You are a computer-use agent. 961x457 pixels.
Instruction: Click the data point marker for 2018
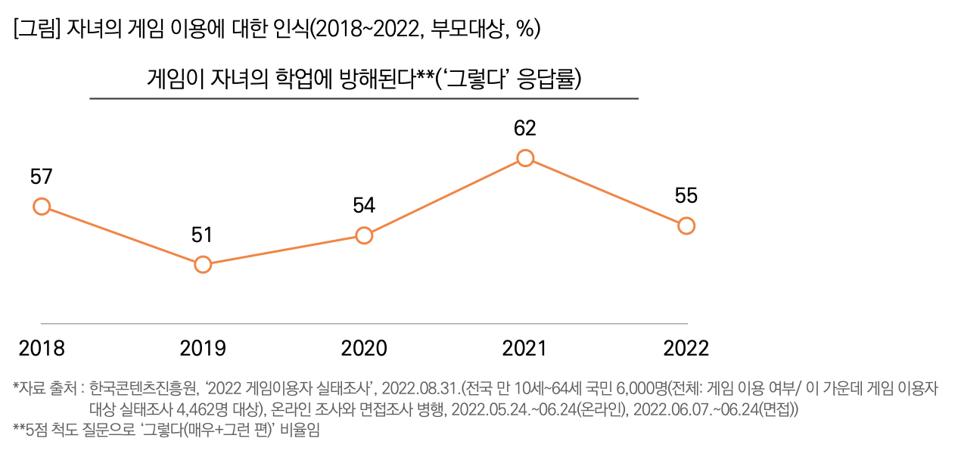[42, 207]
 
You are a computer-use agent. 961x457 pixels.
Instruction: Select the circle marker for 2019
[203, 264]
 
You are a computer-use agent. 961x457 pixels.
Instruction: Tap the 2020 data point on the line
[364, 235]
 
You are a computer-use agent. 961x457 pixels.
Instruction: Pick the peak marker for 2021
[525, 158]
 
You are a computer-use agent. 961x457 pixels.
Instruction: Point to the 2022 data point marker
[686, 225]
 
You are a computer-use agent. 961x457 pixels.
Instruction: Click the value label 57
[42, 177]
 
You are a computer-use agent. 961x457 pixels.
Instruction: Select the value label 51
[202, 235]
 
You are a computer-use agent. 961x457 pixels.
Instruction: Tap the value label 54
[364, 206]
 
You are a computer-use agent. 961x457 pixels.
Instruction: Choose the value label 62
[525, 129]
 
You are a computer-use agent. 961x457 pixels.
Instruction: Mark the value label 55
[686, 196]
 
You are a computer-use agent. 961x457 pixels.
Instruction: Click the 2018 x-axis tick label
[42, 349]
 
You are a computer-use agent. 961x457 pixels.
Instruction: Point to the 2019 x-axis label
[203, 349]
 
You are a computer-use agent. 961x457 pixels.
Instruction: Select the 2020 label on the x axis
[364, 349]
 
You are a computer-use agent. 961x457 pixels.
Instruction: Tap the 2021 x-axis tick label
[525, 349]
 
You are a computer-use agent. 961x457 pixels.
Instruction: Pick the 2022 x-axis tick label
[686, 349]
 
